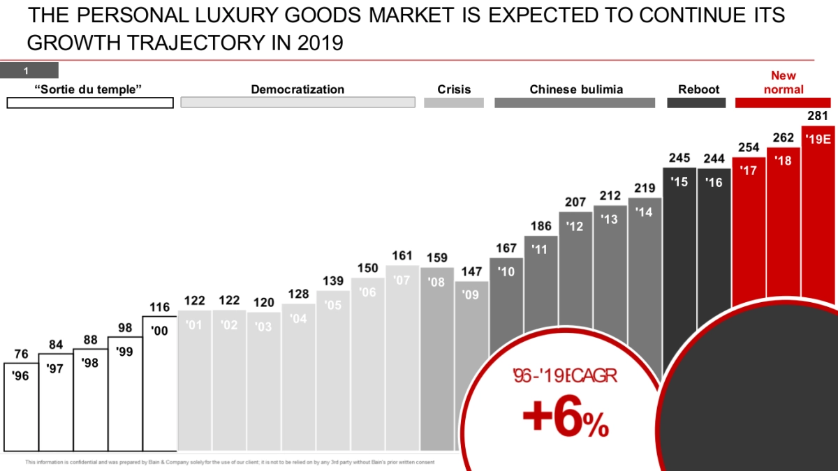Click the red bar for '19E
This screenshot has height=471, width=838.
pyautogui.click(x=818, y=209)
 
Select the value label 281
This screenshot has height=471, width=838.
pyautogui.click(x=818, y=115)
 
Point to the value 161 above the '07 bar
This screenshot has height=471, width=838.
pyautogui.click(x=402, y=256)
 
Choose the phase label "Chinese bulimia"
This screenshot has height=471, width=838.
pyautogui.click(x=576, y=89)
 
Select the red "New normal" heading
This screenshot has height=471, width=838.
pyautogui.click(x=784, y=82)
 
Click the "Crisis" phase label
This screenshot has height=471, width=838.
pyautogui.click(x=454, y=89)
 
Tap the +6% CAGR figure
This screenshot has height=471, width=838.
pyautogui.click(x=565, y=419)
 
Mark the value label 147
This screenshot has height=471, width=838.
pyautogui.click(x=471, y=271)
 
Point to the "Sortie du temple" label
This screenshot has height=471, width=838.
pyautogui.click(x=88, y=89)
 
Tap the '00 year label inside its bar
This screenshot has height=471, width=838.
pyautogui.click(x=160, y=331)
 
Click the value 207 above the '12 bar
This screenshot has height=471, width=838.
pyautogui.click(x=575, y=202)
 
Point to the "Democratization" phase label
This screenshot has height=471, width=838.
pyautogui.click(x=297, y=89)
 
